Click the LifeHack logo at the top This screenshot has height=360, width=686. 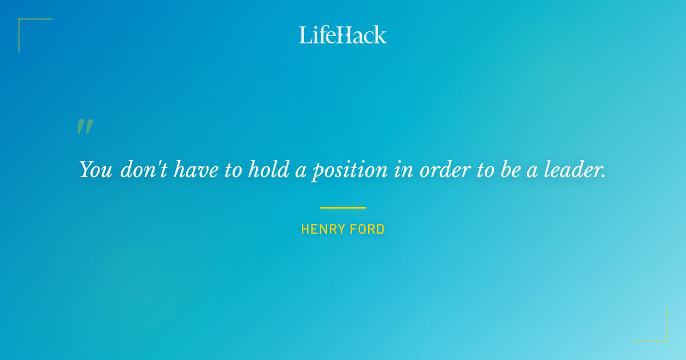(x=343, y=35)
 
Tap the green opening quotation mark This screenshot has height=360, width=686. (x=85, y=127)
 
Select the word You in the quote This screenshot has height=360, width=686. (x=95, y=170)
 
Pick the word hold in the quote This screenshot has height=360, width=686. (x=269, y=170)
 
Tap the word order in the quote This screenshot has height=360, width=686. (x=441, y=170)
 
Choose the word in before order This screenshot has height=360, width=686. (x=404, y=170)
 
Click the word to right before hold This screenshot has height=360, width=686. (x=233, y=170)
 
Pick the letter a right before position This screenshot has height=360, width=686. (x=300, y=171)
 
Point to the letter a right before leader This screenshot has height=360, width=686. (x=532, y=171)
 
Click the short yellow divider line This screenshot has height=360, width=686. (x=343, y=207)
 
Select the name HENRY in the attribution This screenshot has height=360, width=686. (x=321, y=230)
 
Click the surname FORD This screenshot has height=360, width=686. (x=366, y=230)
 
